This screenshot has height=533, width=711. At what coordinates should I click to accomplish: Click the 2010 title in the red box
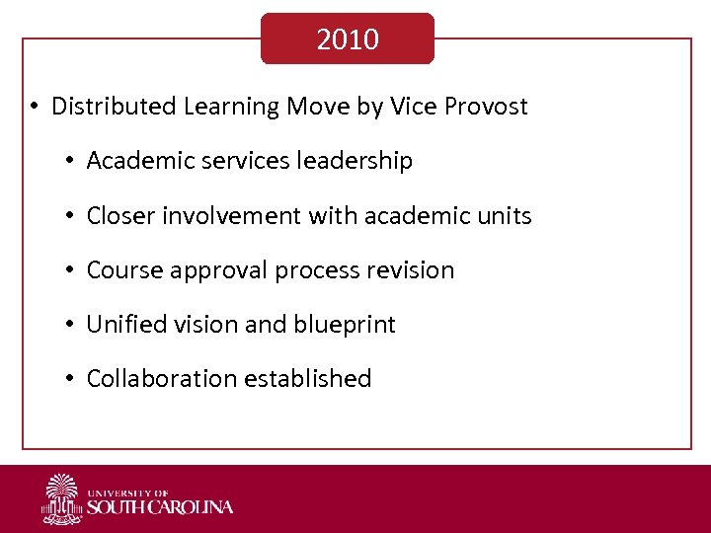click(348, 39)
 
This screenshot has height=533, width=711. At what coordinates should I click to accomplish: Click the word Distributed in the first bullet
click(114, 107)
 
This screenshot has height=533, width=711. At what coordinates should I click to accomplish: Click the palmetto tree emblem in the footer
click(62, 498)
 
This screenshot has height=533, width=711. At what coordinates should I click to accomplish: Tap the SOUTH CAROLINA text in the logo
click(160, 507)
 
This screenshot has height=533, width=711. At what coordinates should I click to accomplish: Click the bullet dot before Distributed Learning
click(34, 107)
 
